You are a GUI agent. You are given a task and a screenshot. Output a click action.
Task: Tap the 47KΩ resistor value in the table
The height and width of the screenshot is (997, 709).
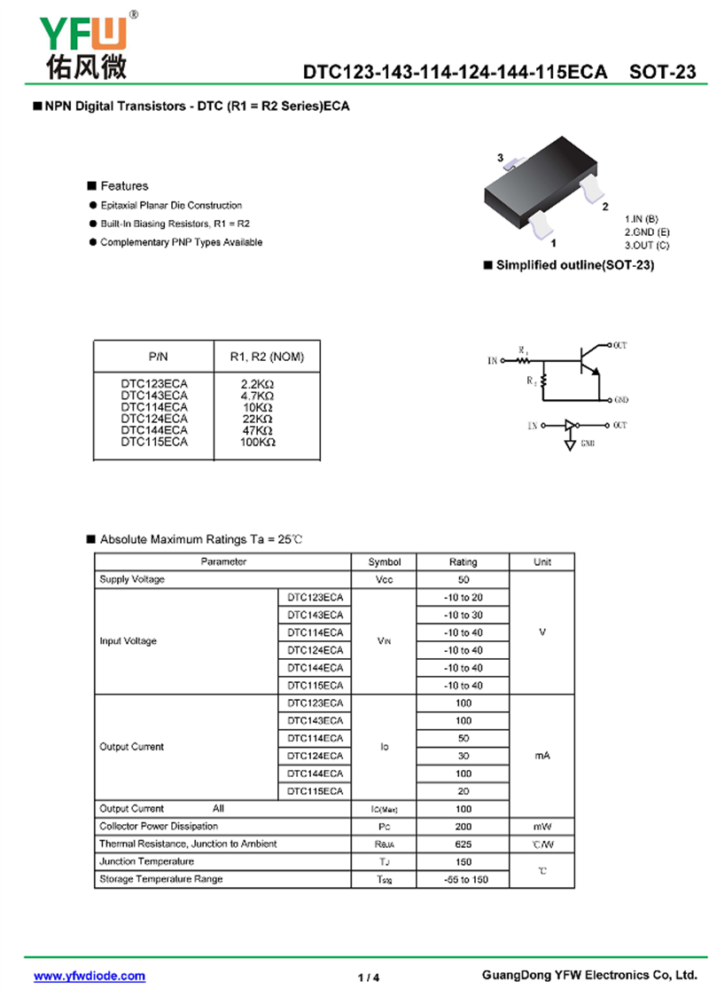(x=257, y=429)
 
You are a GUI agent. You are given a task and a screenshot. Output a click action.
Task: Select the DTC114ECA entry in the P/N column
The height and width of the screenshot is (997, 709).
(x=154, y=406)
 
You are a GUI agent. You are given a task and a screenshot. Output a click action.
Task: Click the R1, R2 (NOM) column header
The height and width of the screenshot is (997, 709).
(x=267, y=357)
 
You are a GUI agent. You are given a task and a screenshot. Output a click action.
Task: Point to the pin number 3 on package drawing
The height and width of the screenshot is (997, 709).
(x=500, y=158)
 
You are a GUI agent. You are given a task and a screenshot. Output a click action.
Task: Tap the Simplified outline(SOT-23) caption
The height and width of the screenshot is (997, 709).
(x=574, y=265)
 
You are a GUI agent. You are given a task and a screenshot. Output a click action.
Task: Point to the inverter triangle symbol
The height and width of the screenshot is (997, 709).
(x=569, y=426)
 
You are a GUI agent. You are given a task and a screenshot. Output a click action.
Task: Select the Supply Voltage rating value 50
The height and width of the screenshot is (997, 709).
(x=463, y=579)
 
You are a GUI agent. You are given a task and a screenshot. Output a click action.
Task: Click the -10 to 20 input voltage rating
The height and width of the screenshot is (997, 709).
(x=463, y=597)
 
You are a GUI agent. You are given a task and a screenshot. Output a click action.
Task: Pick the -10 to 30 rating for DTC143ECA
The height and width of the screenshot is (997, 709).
(x=463, y=615)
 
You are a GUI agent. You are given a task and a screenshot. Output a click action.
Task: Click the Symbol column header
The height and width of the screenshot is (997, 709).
(x=385, y=561)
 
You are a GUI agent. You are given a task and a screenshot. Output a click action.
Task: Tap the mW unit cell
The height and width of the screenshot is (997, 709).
(x=542, y=826)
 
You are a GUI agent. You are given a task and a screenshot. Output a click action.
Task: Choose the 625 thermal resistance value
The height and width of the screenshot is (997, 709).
(x=463, y=844)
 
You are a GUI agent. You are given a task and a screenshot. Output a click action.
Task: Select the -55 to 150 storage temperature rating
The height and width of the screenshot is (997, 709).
(x=463, y=879)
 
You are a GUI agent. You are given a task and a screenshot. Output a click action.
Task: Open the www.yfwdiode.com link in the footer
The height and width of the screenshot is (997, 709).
(x=90, y=976)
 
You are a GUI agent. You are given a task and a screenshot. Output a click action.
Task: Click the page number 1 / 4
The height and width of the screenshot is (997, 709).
(x=369, y=977)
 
